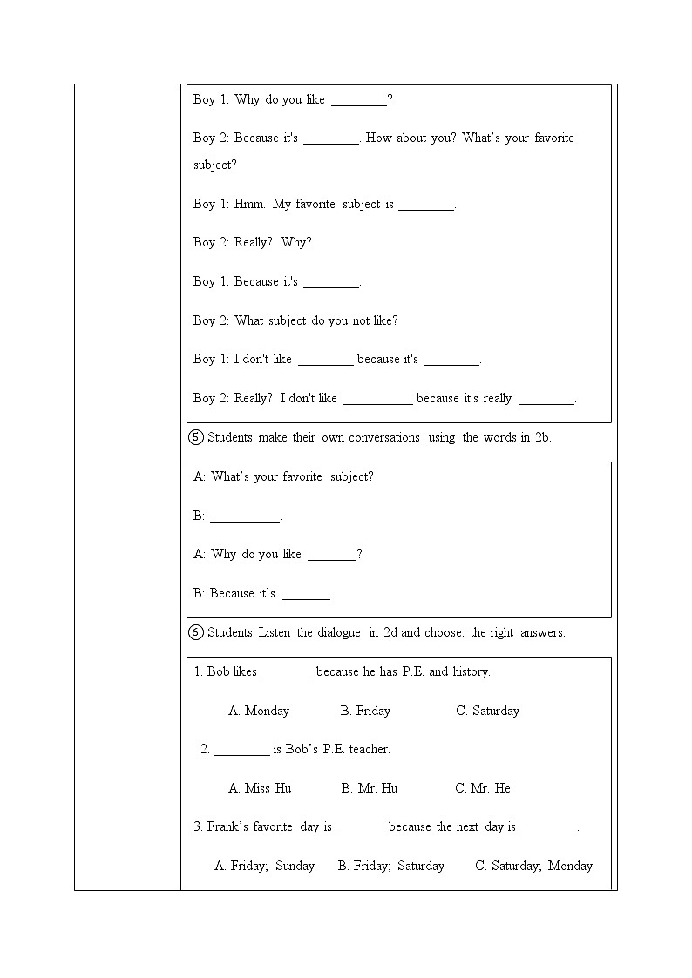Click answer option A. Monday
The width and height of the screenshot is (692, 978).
click(x=259, y=711)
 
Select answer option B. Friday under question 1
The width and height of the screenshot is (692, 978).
click(x=365, y=711)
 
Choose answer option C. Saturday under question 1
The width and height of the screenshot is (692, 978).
click(x=487, y=711)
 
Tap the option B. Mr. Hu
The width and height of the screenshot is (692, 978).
click(x=370, y=788)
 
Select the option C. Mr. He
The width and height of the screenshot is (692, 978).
click(x=483, y=788)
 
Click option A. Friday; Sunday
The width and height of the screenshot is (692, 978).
click(x=264, y=866)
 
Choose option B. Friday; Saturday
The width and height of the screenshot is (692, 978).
click(x=391, y=866)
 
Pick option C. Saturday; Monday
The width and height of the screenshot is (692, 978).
click(x=533, y=866)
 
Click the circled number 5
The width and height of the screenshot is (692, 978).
click(x=196, y=437)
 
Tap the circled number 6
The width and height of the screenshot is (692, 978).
click(x=196, y=632)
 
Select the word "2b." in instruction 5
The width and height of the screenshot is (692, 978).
click(x=542, y=437)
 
